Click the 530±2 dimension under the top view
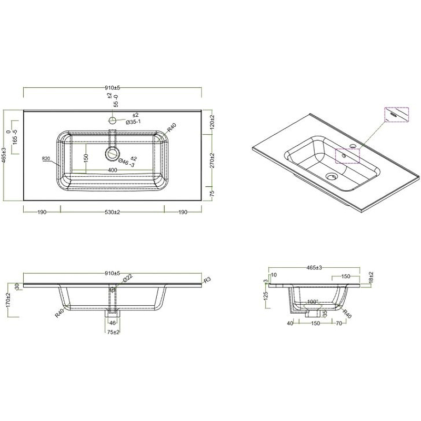pyautogui.click(x=113, y=212)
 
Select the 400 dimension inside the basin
pyautogui.click(x=113, y=170)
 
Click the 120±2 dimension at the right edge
pyautogui.click(x=212, y=122)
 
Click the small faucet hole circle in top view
pyautogui.click(x=113, y=121)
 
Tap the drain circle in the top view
pyautogui.click(x=113, y=154)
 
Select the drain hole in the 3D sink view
pyautogui.click(x=331, y=176)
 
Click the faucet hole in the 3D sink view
pyautogui.click(x=353, y=145)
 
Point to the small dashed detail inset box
pyautogui.click(x=397, y=114)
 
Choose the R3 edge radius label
pyautogui.click(x=207, y=279)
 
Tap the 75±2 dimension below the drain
pyautogui.click(x=113, y=332)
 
